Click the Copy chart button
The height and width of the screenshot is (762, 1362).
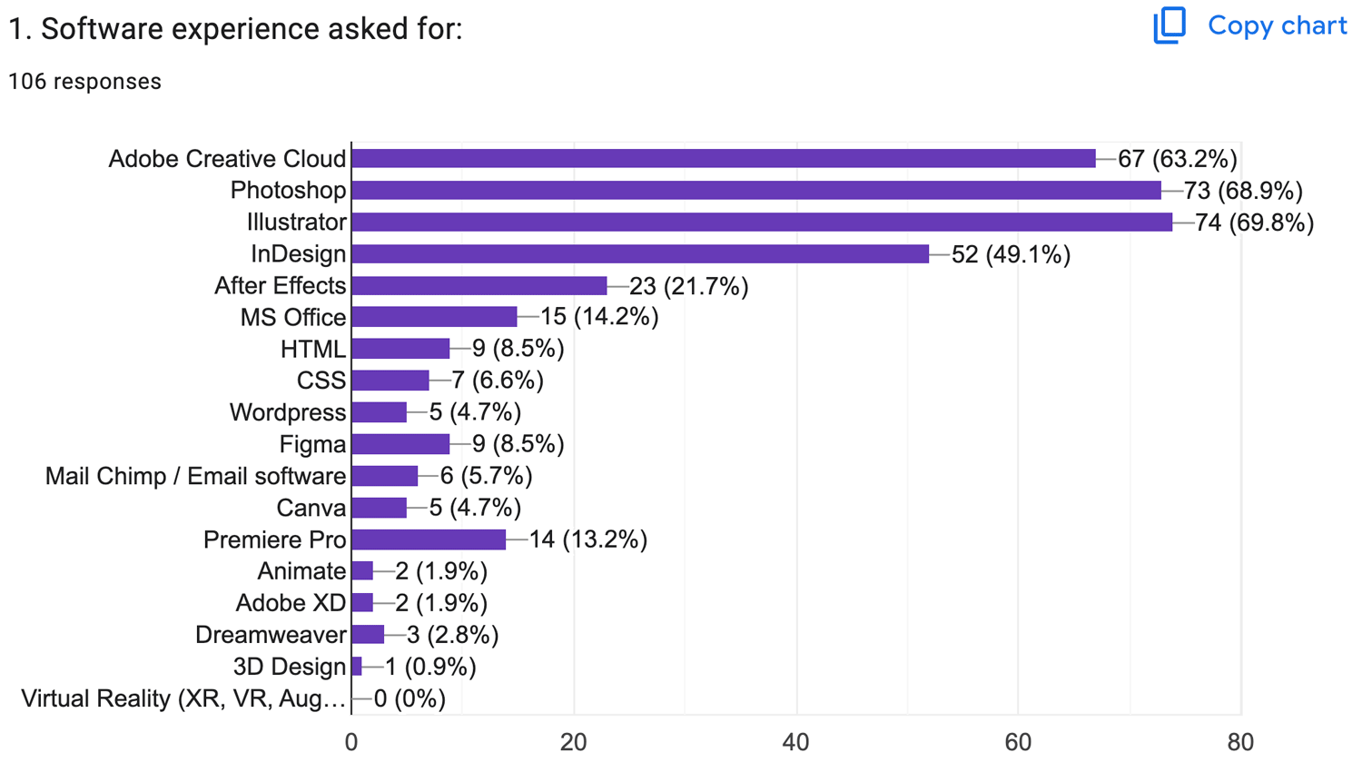coord(1249,25)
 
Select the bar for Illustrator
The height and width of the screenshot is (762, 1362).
coord(761,223)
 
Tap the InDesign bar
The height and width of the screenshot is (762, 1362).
coord(639,254)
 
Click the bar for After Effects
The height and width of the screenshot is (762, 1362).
coord(479,286)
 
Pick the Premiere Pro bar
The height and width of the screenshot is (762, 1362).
coord(428,539)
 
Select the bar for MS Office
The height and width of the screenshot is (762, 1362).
coord(433,317)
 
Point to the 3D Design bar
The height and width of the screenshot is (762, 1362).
coord(357,667)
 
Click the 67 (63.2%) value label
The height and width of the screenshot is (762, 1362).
coord(1177,159)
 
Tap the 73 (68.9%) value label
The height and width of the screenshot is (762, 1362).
coord(1243,191)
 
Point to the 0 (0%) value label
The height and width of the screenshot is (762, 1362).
coord(410,698)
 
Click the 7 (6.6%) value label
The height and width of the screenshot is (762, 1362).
coord(498,381)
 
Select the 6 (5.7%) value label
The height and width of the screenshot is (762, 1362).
coord(486,476)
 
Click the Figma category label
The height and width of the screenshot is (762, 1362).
coord(312,444)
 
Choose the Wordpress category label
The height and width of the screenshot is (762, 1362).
coord(287,412)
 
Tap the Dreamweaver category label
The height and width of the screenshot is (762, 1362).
coord(271,635)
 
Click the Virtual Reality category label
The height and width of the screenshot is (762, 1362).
coord(183,698)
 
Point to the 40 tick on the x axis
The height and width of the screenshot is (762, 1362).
coord(795,742)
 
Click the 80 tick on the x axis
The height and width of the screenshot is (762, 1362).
coord(1239,742)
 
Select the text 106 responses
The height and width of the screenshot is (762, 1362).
coord(84,82)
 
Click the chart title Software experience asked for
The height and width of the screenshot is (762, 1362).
coord(235,29)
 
